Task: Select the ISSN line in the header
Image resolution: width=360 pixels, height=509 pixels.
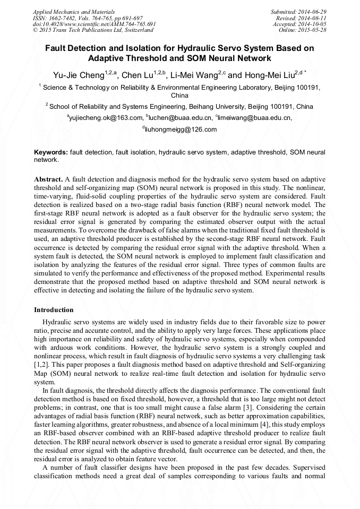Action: tap(88, 18)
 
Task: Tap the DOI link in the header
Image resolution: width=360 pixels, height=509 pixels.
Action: tap(94, 24)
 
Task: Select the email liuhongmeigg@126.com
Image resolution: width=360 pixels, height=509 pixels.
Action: tap(181, 130)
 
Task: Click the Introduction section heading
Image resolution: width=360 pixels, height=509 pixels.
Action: tap(54, 309)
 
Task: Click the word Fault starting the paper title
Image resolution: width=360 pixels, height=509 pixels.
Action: tap(57, 48)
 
